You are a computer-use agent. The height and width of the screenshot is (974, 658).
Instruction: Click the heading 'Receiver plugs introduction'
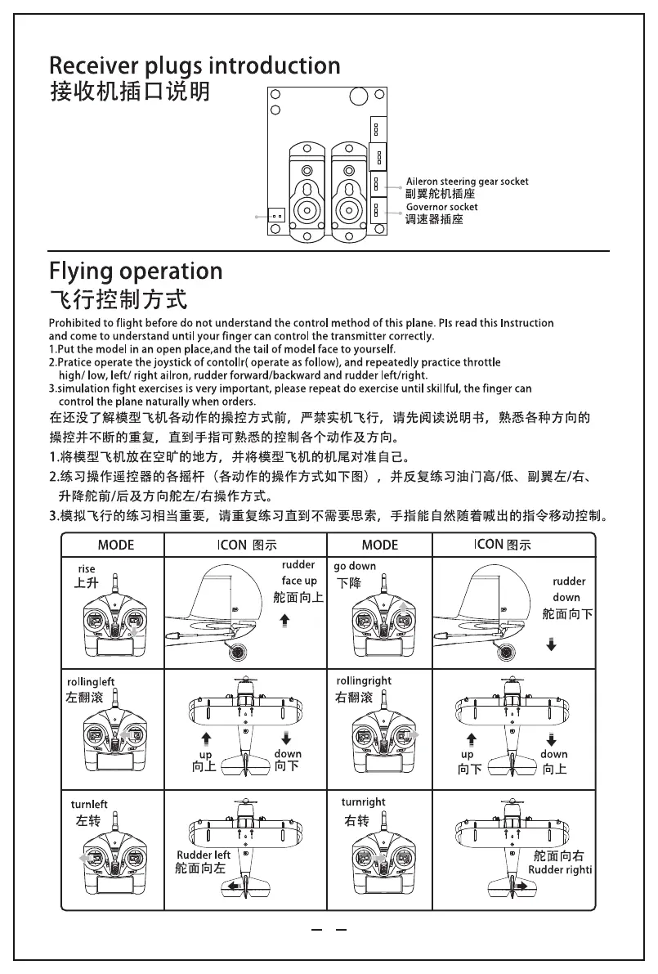[x=195, y=65]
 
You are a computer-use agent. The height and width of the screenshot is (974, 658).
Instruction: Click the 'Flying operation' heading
[x=136, y=271]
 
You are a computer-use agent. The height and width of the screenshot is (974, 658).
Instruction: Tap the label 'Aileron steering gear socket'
[x=467, y=182]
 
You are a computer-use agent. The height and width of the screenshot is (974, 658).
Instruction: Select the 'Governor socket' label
[x=441, y=208]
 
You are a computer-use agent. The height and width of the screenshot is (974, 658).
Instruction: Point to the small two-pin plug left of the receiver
[x=276, y=216]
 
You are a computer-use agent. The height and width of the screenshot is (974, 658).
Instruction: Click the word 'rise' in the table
[x=87, y=568]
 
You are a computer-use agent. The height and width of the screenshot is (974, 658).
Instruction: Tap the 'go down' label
[x=355, y=566]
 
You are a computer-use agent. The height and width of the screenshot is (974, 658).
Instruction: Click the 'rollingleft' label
[x=91, y=681]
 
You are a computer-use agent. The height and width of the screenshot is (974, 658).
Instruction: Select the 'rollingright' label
[x=364, y=680]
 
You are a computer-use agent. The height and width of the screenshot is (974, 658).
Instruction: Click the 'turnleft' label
[x=89, y=805]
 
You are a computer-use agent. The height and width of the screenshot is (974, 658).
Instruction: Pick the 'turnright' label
[x=363, y=802]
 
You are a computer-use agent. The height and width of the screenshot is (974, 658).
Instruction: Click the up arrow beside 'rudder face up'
[x=284, y=622]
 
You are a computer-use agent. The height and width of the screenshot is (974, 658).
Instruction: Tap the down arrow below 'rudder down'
[x=552, y=646]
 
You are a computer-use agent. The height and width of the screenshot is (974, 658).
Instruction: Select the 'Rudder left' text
[x=204, y=855]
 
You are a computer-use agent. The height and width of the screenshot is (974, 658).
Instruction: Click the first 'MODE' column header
[x=116, y=545]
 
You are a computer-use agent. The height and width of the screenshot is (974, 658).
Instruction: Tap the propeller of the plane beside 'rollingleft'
[x=243, y=680]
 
